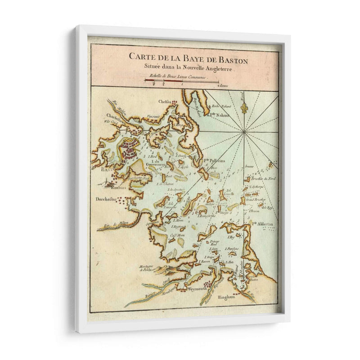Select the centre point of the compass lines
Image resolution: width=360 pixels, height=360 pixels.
243,131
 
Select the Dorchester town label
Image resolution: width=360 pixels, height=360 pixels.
106,198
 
